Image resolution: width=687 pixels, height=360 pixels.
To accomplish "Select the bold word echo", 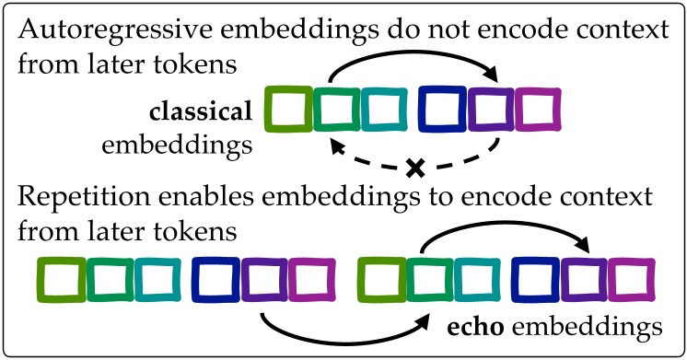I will (x=475, y=325).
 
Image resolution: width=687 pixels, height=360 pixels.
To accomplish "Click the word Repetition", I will (x=78, y=199).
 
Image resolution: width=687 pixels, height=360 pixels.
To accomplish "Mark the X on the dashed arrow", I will (x=414, y=168).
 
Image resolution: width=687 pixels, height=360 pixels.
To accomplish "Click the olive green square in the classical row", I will (x=286, y=109).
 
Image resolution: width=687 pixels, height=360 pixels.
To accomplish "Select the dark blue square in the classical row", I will (x=441, y=109).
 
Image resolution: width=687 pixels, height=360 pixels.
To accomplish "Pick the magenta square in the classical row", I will (x=537, y=109).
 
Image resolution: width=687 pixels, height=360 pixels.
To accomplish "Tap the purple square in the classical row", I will (x=489, y=109).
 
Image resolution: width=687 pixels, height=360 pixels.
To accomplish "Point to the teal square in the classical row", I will (x=382, y=109).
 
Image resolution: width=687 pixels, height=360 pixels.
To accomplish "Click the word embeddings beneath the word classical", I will (x=179, y=145).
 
